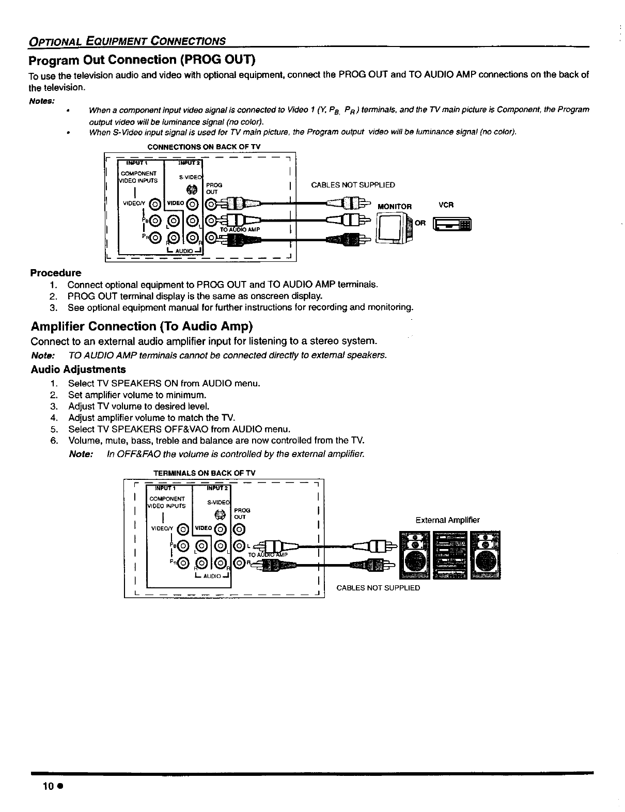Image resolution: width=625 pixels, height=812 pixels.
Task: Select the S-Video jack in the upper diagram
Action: point(192,189)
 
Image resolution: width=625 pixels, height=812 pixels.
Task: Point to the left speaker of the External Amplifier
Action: point(416,555)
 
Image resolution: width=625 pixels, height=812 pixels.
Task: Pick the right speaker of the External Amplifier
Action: point(485,555)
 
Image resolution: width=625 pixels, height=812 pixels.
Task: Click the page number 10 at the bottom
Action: point(49,786)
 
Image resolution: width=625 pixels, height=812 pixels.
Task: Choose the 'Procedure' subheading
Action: point(56,272)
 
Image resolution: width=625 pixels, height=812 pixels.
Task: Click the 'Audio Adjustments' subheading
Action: point(78,369)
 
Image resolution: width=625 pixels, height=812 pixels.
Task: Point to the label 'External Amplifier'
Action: point(447,520)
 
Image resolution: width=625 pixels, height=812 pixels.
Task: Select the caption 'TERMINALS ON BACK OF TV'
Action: point(205,473)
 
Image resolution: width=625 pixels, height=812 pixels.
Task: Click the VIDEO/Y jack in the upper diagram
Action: point(153,204)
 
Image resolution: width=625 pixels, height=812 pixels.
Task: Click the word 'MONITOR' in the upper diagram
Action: point(395,207)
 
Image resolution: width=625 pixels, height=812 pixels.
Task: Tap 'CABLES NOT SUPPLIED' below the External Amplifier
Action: point(378,588)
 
